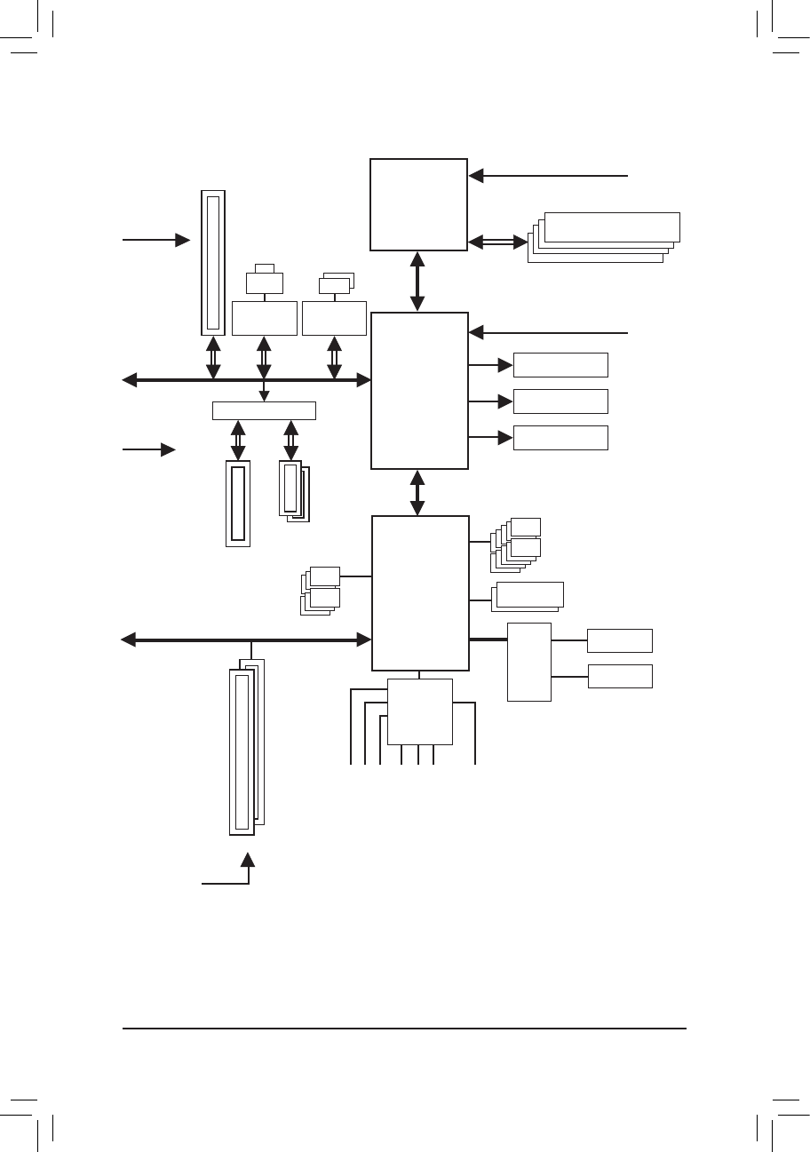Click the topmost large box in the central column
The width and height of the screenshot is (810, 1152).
coord(418,205)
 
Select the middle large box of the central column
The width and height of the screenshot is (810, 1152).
coord(419,390)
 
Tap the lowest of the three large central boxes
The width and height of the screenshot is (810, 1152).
coord(420,592)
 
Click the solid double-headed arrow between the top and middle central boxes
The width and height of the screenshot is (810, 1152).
coord(418,282)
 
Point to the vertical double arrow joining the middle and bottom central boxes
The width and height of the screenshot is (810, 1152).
coord(418,492)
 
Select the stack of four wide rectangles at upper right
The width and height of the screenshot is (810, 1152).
coord(604,236)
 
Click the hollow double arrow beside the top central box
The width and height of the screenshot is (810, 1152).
coord(497,241)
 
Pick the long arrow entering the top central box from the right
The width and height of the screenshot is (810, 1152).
coord(548,176)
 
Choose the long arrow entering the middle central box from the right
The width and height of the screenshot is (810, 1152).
coord(548,333)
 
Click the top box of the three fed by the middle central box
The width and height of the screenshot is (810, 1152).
coord(560,365)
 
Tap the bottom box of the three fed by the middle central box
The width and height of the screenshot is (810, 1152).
coord(560,438)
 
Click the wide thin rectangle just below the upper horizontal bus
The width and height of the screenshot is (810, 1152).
coord(264,410)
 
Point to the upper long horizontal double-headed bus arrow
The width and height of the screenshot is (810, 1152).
coord(246,380)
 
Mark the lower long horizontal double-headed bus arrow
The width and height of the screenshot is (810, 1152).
coord(246,640)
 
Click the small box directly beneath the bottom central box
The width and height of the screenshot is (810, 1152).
coord(420,711)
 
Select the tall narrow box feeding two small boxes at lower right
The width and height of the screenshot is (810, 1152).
coord(529,662)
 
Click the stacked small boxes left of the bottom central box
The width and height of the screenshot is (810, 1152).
coord(321,590)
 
